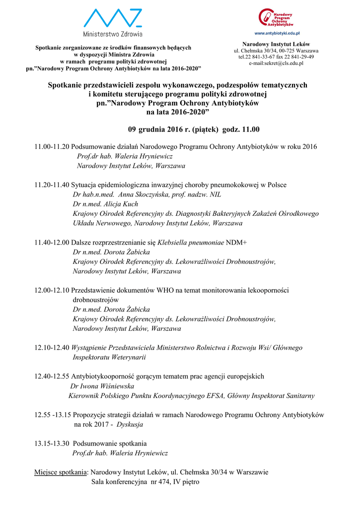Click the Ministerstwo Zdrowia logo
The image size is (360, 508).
point(113,23)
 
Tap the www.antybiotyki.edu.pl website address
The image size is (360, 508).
point(276,33)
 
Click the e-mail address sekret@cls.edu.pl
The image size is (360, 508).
point(276,63)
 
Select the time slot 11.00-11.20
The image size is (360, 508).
point(52,147)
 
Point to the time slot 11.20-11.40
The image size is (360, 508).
point(52,185)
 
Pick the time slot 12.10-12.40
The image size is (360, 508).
point(52,348)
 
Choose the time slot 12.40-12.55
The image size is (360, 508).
point(52,377)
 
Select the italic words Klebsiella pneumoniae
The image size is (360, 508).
point(190,243)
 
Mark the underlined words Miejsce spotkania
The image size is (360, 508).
point(61,472)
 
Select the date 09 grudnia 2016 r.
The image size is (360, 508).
point(164,129)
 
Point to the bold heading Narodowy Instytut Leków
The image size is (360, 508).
point(276,44)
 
